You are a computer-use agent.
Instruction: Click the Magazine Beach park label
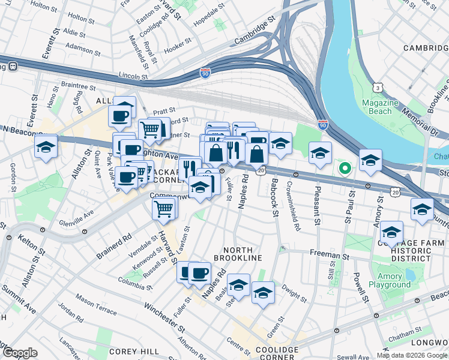(x=381, y=107)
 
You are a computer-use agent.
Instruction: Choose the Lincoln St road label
(x=133, y=77)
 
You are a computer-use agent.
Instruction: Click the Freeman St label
(x=330, y=255)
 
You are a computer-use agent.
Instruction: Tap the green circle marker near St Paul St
(x=345, y=169)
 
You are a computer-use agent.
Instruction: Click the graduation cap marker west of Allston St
(x=46, y=147)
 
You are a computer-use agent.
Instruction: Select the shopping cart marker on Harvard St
(x=164, y=209)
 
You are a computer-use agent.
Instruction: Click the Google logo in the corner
(x=20, y=353)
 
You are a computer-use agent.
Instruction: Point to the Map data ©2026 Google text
(x=412, y=355)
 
